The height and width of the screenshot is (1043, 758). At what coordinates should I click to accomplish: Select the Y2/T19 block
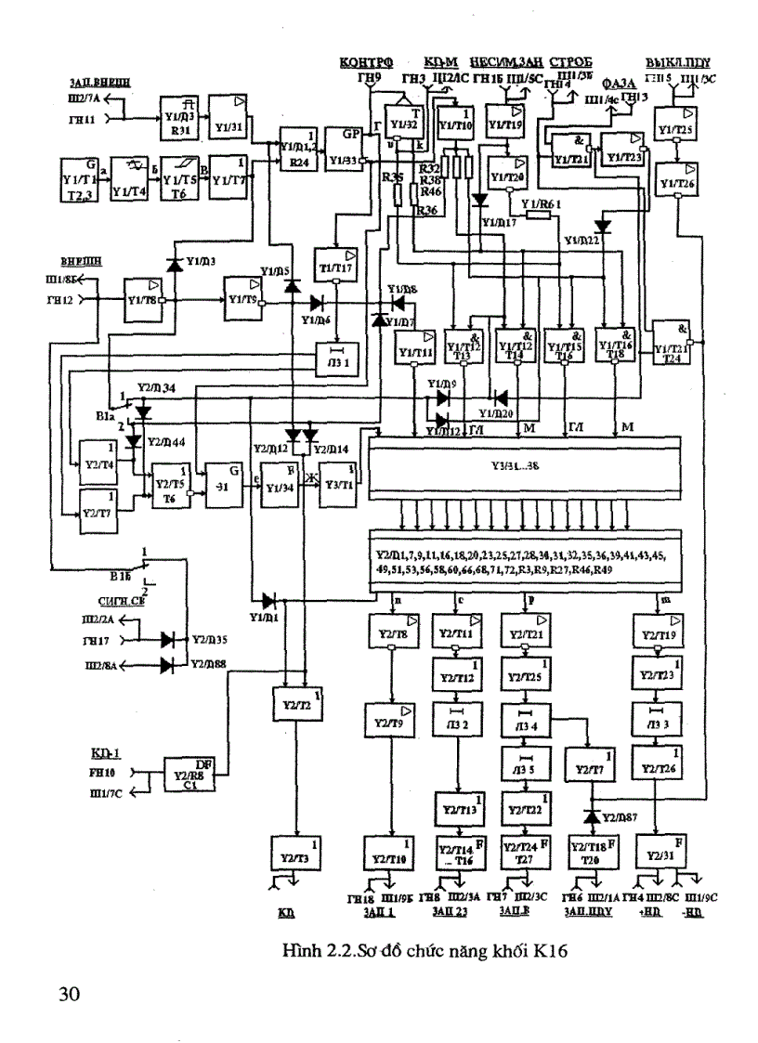(x=656, y=632)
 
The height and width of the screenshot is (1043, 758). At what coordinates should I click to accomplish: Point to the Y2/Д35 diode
(x=168, y=639)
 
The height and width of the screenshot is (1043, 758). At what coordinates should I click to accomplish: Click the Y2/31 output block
(x=657, y=851)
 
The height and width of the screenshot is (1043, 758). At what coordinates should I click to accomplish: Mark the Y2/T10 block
(x=392, y=852)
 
